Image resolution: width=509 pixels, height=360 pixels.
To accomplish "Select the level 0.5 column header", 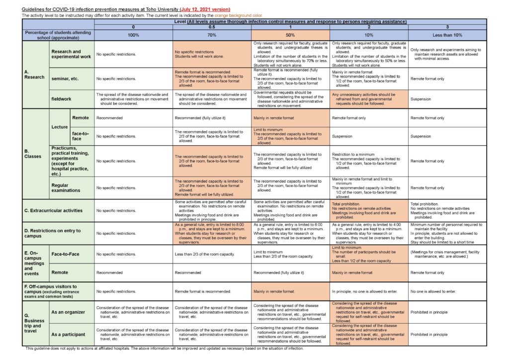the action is tap(212, 26).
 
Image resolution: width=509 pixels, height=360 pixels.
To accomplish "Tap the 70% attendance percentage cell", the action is tap(212, 35).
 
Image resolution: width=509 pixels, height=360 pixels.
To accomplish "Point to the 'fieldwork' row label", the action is tap(61, 99).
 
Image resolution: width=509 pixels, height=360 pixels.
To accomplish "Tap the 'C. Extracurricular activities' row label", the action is tap(54, 210).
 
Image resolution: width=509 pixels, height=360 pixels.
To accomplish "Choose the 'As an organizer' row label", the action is tap(68, 312).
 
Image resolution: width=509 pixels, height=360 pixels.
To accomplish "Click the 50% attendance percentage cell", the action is tap(290, 35).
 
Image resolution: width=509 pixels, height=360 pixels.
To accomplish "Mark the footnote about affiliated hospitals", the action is tap(164, 349).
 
